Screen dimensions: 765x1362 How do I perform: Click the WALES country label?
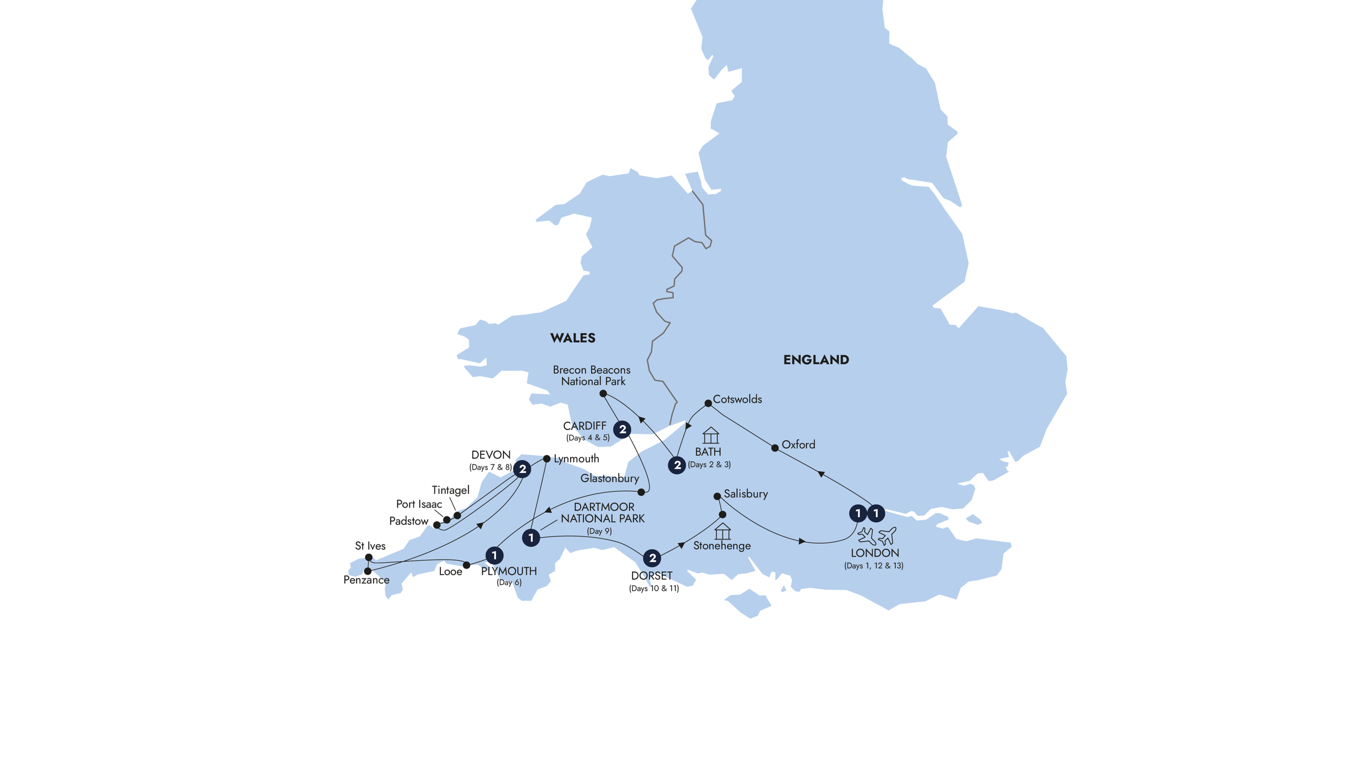pos(573,338)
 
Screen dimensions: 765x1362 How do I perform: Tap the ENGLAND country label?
pos(816,360)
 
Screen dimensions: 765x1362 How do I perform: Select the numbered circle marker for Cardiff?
pos(622,429)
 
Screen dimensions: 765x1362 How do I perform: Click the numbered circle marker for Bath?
pos(677,465)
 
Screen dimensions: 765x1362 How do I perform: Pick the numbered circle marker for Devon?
pos(522,469)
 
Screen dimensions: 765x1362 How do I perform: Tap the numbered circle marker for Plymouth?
pos(494,555)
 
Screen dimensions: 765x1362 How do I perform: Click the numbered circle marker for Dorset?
pos(652,558)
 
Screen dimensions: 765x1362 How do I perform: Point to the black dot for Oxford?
pos(775,448)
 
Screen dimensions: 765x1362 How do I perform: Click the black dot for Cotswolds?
pos(708,404)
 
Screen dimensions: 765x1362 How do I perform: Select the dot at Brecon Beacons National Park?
pos(603,394)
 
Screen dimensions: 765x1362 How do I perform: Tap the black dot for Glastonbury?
pos(642,492)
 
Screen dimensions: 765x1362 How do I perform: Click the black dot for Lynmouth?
pos(546,459)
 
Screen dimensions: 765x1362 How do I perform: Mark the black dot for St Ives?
pos(368,557)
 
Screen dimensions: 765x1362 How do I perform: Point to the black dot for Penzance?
pos(367,571)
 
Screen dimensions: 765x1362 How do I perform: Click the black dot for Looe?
pos(466,565)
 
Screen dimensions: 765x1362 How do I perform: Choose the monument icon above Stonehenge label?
pos(722,531)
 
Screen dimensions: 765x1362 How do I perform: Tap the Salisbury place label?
pos(746,494)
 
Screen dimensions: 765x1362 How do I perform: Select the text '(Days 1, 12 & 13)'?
pos(873,566)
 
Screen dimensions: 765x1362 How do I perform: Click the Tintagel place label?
pos(450,490)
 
